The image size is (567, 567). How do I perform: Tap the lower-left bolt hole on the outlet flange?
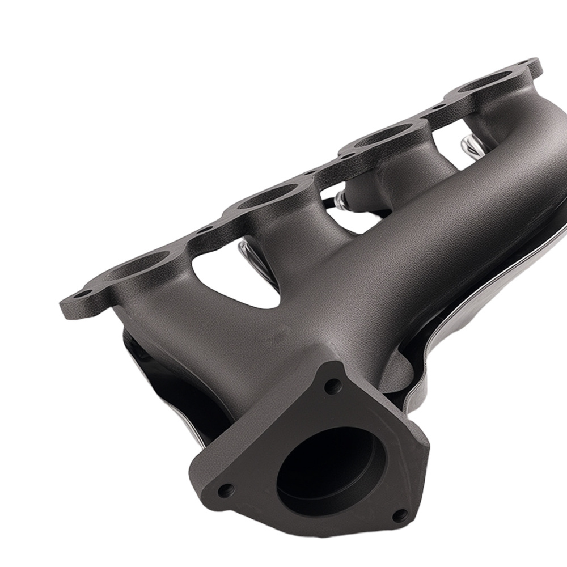click(226, 489)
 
